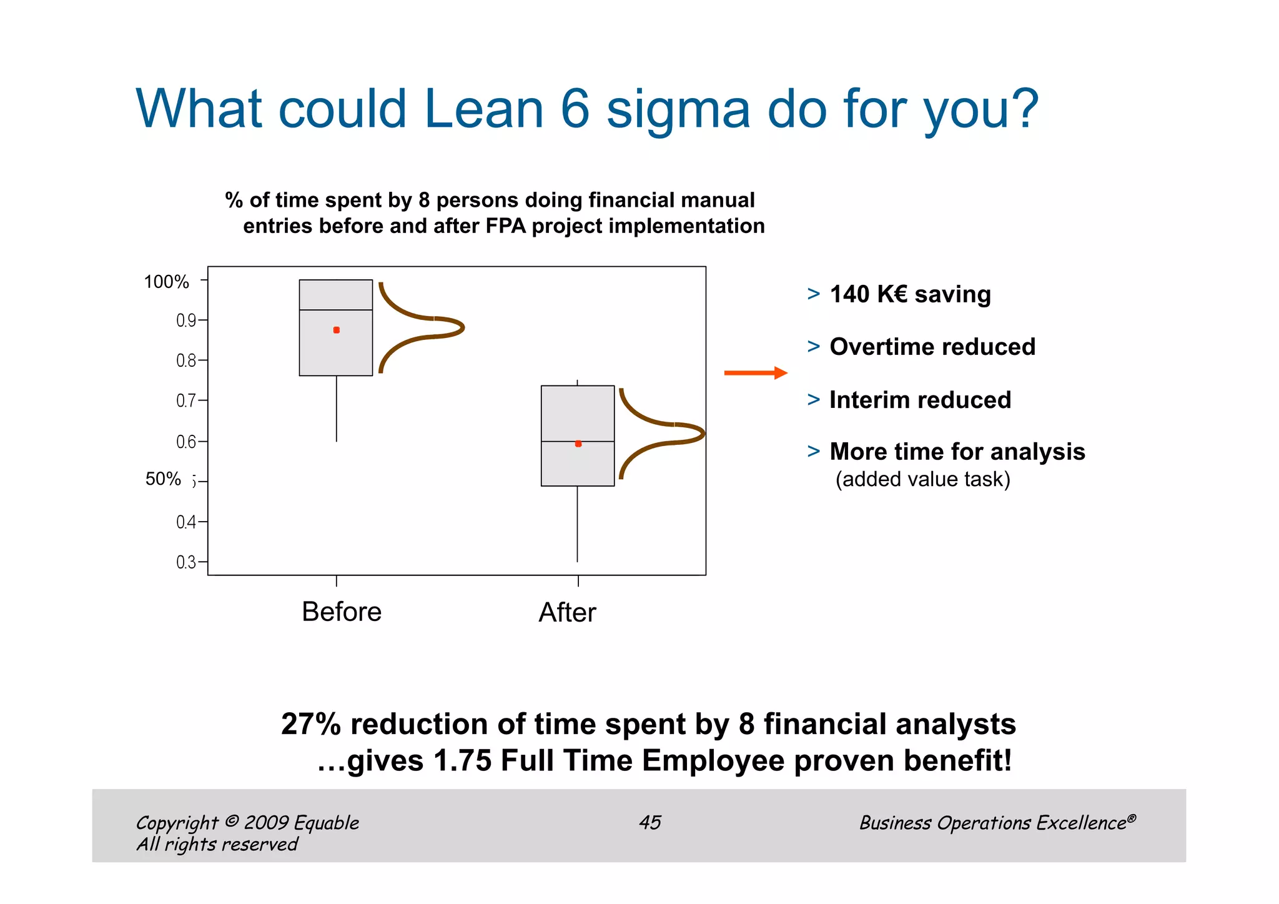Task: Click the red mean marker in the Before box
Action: pyautogui.click(x=337, y=330)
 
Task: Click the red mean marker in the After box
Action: pyautogui.click(x=578, y=444)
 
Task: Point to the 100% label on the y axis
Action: pyautogui.click(x=166, y=282)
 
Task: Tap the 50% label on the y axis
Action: pyautogui.click(x=163, y=479)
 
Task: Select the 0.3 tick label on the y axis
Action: pyautogui.click(x=186, y=562)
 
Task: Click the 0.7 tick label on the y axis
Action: pyautogui.click(x=186, y=400)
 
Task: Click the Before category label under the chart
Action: pyautogui.click(x=341, y=612)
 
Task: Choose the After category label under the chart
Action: pyautogui.click(x=567, y=612)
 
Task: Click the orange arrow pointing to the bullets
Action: pyautogui.click(x=755, y=373)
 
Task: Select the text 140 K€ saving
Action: pyautogui.click(x=910, y=294)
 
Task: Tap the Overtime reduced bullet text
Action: pyautogui.click(x=932, y=347)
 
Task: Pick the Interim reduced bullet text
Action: pyautogui.click(x=920, y=400)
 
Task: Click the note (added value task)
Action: pyautogui.click(x=922, y=479)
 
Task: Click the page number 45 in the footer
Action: pyautogui.click(x=649, y=822)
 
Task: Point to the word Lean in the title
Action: pyautogui.click(x=483, y=109)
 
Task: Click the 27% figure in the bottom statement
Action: pyautogui.click(x=310, y=724)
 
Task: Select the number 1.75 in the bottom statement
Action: pyautogui.click(x=462, y=761)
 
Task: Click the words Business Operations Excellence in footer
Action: pyautogui.click(x=993, y=823)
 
